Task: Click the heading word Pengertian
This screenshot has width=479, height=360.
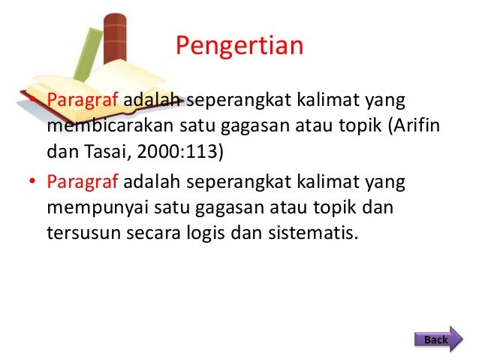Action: point(239,47)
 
